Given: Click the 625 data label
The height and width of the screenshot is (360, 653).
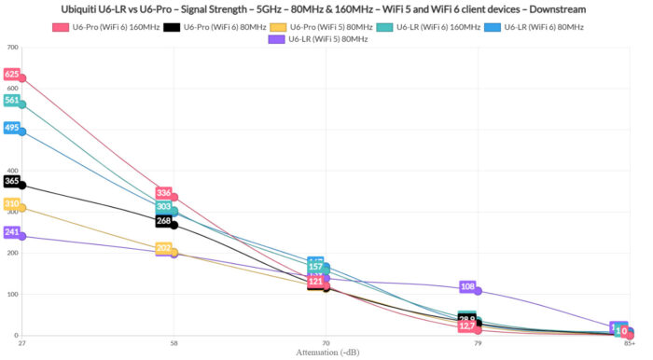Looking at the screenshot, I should pyautogui.click(x=11, y=74).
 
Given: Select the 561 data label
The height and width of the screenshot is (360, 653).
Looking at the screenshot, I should pyautogui.click(x=11, y=100).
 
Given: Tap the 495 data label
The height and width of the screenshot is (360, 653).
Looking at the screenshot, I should pyautogui.click(x=11, y=128).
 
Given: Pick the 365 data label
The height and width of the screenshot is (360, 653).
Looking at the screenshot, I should pyautogui.click(x=11, y=181).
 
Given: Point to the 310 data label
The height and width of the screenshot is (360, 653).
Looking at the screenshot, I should pyautogui.click(x=11, y=203).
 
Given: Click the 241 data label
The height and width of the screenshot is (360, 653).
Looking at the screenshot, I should pyautogui.click(x=11, y=231).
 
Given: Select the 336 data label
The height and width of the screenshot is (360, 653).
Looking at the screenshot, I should pyautogui.click(x=163, y=193).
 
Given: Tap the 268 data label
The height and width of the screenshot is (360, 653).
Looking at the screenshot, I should pyautogui.click(x=163, y=221).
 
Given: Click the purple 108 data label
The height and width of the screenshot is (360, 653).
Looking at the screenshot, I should pyautogui.click(x=467, y=286).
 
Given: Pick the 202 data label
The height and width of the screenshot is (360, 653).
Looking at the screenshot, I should pyautogui.click(x=163, y=248).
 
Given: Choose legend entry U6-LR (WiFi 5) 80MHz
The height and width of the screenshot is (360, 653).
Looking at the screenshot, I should pyautogui.click(x=327, y=39).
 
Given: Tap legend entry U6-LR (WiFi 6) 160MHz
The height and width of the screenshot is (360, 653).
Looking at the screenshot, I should pyautogui.click(x=438, y=27).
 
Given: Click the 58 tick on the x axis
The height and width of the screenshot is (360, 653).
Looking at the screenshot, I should pyautogui.click(x=174, y=343).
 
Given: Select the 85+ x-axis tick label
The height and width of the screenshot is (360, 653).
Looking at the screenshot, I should pyautogui.click(x=631, y=343).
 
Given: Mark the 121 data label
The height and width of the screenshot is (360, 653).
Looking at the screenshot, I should pyautogui.click(x=315, y=281).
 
